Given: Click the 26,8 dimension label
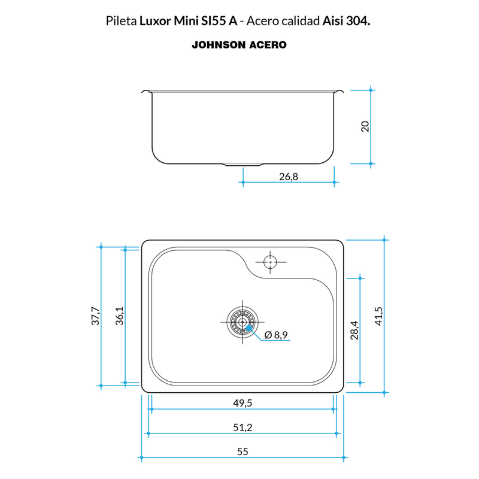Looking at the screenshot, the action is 289,177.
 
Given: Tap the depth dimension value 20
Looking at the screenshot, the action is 365,126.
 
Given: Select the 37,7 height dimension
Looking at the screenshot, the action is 95,316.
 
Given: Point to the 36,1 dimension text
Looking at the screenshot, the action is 119,316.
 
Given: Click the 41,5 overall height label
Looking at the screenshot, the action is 378,316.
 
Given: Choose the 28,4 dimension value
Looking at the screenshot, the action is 354,331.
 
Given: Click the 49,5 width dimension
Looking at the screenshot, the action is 242,403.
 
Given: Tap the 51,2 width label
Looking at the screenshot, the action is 242,427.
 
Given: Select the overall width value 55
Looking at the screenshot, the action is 242,451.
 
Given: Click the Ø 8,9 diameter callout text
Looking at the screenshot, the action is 276,335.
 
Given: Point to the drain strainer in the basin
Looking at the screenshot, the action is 242,322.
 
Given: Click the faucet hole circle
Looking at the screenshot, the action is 271,262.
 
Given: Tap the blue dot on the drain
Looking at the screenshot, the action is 249,328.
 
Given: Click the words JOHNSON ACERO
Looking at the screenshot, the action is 239,45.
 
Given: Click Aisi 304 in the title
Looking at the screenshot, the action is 347,21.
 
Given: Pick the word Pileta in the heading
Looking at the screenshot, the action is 122,21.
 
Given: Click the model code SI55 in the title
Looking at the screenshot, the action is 213,21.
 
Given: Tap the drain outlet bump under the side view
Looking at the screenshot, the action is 242,165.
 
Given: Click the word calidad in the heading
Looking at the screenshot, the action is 301,21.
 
